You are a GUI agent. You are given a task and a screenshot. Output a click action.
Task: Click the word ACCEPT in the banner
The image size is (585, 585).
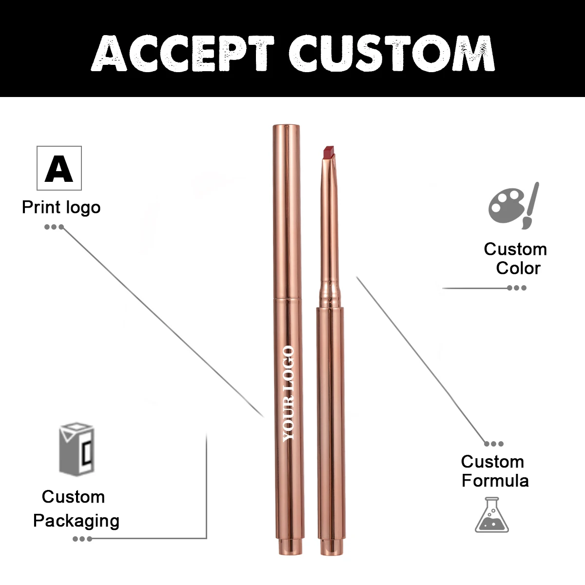[x=181, y=53]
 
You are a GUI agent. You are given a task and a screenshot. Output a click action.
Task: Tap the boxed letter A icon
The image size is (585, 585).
[x=59, y=168]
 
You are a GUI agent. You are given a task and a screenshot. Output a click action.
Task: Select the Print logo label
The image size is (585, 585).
[x=61, y=207]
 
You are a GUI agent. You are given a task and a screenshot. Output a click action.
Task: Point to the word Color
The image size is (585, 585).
[x=518, y=268]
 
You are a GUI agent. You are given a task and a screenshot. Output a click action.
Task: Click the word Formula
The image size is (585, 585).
[x=495, y=481]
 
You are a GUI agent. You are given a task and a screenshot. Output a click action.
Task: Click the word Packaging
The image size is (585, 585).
[x=76, y=521]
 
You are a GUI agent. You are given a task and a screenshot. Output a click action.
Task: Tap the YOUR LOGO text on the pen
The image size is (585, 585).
[x=289, y=393]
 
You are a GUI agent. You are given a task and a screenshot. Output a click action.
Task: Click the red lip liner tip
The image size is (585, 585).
[x=329, y=153]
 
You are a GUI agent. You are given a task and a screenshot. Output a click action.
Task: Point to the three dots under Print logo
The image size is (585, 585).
[x=54, y=227]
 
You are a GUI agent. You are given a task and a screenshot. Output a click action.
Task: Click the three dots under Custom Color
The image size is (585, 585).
[x=517, y=288]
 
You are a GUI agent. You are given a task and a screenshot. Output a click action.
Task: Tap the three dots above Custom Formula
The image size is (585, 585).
[x=494, y=444]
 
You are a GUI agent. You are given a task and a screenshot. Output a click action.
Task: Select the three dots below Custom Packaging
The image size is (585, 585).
[x=82, y=539]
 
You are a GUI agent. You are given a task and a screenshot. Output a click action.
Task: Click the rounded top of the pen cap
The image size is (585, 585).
[x=286, y=128]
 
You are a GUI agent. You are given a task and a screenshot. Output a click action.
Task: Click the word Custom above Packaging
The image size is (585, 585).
[x=73, y=497]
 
